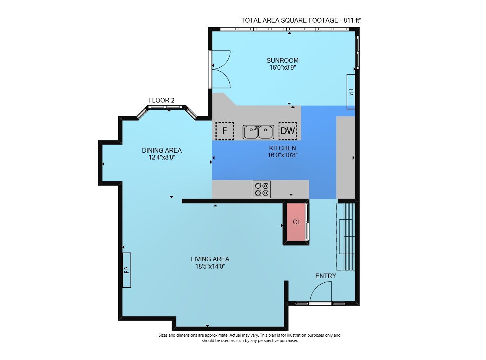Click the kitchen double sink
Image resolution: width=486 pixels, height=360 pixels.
point(258,132)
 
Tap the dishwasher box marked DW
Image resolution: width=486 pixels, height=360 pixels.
point(287,131)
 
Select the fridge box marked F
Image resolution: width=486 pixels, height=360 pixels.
point(224,131)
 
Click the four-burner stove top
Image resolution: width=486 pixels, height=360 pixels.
point(262,189)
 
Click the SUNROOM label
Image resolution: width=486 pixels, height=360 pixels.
point(282,60)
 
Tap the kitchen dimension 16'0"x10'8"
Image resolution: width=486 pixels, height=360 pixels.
point(283,155)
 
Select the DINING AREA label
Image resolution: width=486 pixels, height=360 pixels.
point(162,150)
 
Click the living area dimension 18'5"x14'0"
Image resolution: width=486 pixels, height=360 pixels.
point(210,266)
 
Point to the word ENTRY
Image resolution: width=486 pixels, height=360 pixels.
point(326,276)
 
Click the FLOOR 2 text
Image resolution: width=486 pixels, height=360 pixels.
point(161,100)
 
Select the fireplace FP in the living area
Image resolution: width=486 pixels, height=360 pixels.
point(127,270)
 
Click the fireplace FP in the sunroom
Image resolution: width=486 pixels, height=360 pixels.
point(351,91)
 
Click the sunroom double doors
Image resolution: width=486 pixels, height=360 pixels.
point(220,69)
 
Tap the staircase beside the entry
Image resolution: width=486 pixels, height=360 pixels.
point(346,236)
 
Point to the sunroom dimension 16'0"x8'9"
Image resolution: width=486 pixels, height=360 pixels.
point(283,67)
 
